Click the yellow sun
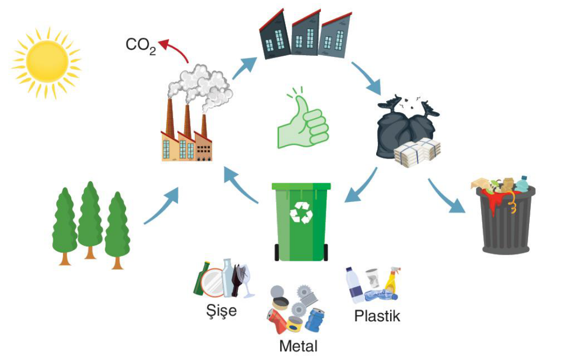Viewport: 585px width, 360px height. point(47,61)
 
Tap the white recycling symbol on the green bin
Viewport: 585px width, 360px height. point(301,212)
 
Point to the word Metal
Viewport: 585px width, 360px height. point(298,346)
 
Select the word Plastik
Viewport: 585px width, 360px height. point(377,316)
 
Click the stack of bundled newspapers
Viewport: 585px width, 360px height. point(417,152)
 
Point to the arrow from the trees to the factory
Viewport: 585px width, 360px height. point(161,207)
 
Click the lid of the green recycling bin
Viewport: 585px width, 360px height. point(301,186)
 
